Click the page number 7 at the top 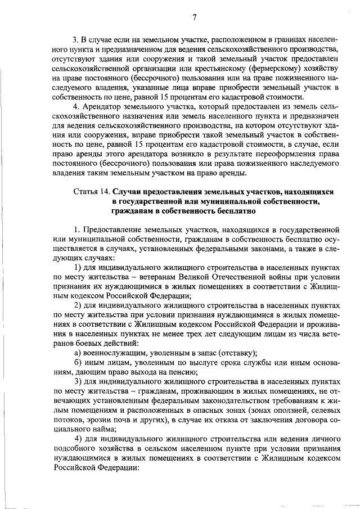pos(193,17)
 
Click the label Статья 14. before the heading pos(92,191)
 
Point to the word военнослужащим pos(116,353)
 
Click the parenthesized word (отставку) pos(235,353)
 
